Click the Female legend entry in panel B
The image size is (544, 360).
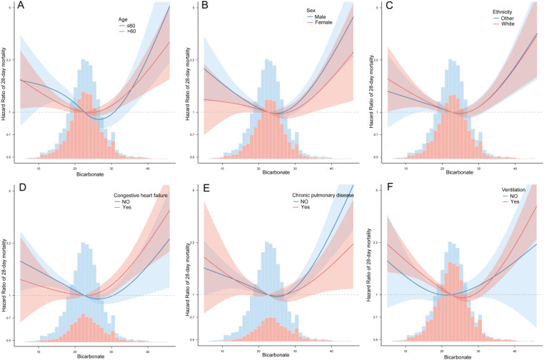(321, 24)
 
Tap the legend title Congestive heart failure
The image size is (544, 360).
(146, 195)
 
